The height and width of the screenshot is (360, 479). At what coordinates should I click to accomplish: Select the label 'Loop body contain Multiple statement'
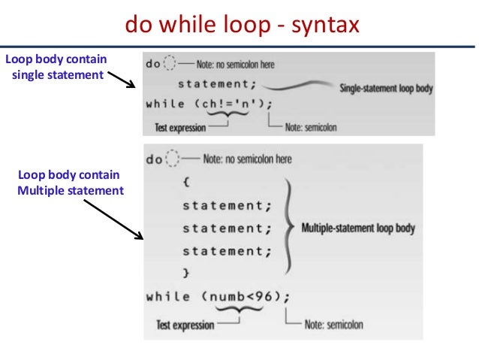coord(69,183)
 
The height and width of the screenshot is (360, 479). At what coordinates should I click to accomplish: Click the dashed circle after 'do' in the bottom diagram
coord(173,159)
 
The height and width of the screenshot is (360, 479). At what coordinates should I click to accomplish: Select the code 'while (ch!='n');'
coord(209,104)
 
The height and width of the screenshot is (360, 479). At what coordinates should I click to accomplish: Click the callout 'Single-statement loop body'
coord(387,88)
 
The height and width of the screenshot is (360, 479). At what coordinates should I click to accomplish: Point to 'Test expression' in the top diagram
coord(180,128)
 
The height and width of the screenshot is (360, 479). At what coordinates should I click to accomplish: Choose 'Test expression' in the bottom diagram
coord(185,325)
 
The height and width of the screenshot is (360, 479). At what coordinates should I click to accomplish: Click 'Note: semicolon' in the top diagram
coord(311,128)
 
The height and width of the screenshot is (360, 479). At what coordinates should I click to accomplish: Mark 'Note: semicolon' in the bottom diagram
coord(335,325)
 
